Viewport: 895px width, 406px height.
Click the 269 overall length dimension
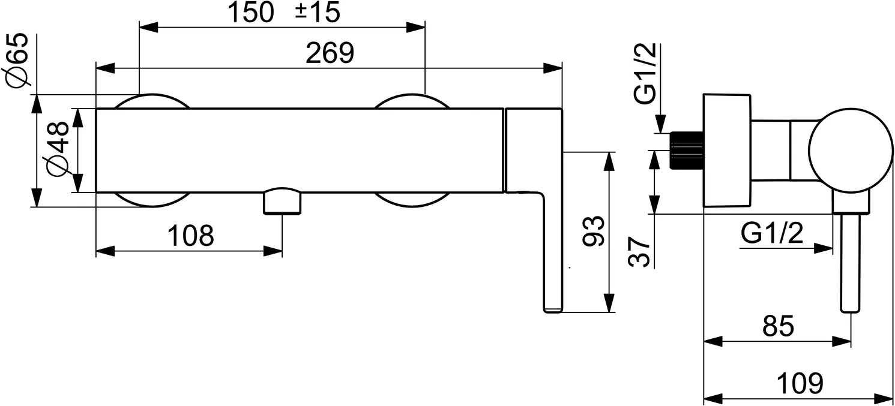click(x=330, y=53)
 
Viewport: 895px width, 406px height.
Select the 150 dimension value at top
click(x=251, y=12)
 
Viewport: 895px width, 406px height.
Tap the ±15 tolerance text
click(x=318, y=12)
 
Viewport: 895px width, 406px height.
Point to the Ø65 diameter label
click(x=18, y=59)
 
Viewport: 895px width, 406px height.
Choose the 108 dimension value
click(x=191, y=236)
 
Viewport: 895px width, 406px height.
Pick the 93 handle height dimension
click(x=594, y=231)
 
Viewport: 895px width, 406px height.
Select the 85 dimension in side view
click(x=779, y=326)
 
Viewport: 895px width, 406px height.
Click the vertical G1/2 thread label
click(x=645, y=73)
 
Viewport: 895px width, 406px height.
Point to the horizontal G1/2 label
click(x=772, y=233)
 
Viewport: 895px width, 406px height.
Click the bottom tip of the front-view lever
click(x=553, y=312)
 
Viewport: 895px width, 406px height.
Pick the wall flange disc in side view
click(x=727, y=151)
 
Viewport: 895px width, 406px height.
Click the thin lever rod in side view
click(x=851, y=262)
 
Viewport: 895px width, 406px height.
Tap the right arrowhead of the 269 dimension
click(x=553, y=68)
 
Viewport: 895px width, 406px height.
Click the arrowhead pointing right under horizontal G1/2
click(x=824, y=248)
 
